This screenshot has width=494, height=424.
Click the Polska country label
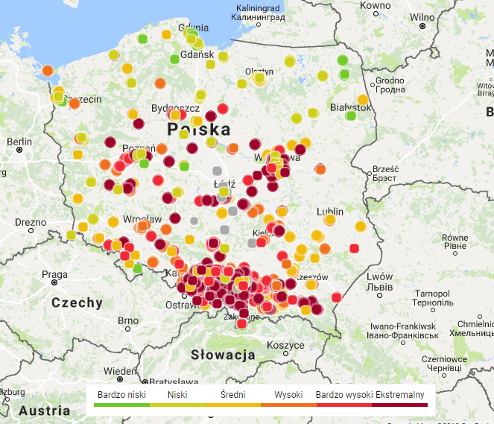[x=199, y=130]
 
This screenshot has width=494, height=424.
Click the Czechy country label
[x=77, y=303]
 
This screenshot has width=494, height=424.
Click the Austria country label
[x=44, y=411]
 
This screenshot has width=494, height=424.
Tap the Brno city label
[x=129, y=320]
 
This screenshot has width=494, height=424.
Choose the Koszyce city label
[x=285, y=345]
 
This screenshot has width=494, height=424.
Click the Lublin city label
[x=330, y=212]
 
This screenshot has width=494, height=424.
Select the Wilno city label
[x=422, y=16]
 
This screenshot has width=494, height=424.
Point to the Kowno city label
[x=374, y=6]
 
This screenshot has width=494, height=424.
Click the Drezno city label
[x=31, y=221]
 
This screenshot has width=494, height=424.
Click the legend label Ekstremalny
[x=400, y=394]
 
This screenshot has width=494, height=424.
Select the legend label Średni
[x=232, y=394]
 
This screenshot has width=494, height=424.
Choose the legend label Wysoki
[x=288, y=394]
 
